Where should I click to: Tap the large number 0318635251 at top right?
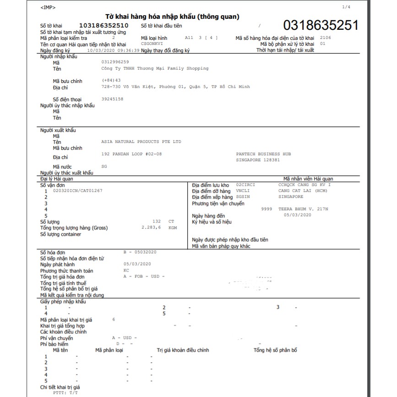321,25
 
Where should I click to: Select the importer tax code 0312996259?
115,62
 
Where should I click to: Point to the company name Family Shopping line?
155,68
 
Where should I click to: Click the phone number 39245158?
112,99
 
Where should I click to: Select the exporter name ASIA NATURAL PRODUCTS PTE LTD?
141,142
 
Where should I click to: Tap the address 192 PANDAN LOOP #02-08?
131,154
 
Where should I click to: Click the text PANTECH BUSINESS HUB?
263,154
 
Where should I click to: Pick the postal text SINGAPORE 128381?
258,160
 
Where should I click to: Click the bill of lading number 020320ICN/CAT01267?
78,190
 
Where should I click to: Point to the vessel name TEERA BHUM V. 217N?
303,209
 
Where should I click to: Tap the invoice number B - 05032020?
140,252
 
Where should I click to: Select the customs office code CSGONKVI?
152,44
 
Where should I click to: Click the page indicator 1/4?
346,7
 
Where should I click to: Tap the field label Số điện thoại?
68,99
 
